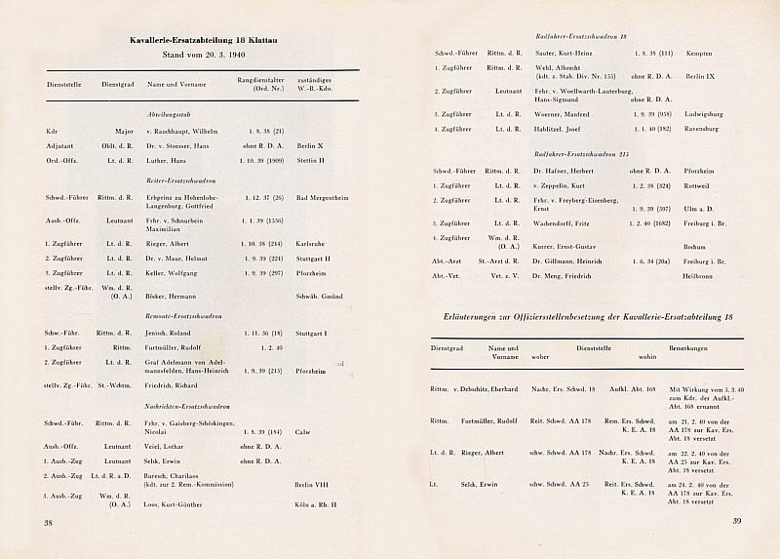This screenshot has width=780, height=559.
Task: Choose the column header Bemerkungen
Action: [687, 347]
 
